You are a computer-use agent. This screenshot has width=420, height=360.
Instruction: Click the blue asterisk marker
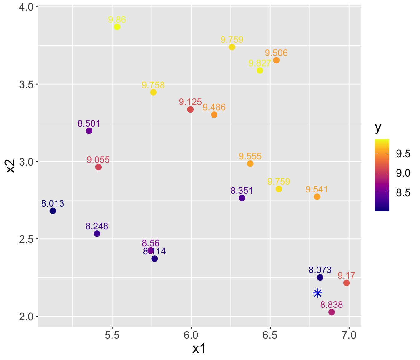point(317,293)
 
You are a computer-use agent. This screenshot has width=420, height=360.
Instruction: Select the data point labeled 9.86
point(117,27)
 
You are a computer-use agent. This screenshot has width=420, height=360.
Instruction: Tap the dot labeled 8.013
point(53,211)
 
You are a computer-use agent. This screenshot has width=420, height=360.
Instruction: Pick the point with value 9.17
point(347,283)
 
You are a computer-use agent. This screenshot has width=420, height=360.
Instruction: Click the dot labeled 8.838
point(332,312)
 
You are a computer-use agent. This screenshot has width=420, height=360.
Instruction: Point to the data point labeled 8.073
point(320,277)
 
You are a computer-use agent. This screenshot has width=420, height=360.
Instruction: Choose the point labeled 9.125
point(191,109)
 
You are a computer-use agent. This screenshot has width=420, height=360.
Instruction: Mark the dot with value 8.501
point(89,131)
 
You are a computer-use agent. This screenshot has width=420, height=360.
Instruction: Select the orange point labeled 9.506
point(277,60)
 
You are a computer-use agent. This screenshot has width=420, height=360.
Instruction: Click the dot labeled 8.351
point(242,198)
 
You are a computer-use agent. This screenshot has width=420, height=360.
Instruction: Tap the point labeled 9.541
point(317,197)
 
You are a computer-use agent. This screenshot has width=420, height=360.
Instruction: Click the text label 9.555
point(250,156)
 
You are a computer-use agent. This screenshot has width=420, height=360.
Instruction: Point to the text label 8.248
point(97,226)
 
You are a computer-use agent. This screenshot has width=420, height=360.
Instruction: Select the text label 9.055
point(98,160)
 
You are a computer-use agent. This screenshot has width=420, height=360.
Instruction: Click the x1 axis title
point(199,349)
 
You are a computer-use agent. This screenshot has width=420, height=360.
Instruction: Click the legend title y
point(378,128)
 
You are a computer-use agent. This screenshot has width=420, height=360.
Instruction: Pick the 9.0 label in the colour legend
point(403,173)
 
